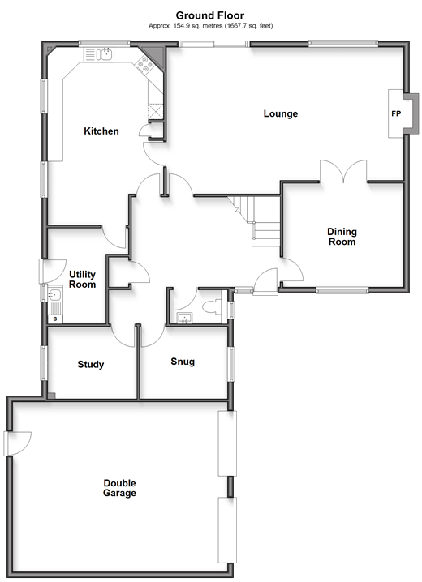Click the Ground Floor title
pos(210,15)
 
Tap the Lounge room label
pos(281,113)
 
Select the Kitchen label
pos(101,131)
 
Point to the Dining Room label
pos(342,237)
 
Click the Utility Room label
pos(83,279)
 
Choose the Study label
pos(91,365)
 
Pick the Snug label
pos(183,362)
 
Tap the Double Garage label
pos(119,488)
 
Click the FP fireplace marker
pos(396,113)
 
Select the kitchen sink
pos(99,54)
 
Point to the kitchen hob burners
pos(144,66)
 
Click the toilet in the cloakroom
pos(212,307)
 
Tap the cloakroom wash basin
pos(185,318)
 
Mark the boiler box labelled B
pos(55,319)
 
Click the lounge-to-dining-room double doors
pos(343,171)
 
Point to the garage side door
pos(18,443)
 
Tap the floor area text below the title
pos(211,26)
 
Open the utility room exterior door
pos(53,272)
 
